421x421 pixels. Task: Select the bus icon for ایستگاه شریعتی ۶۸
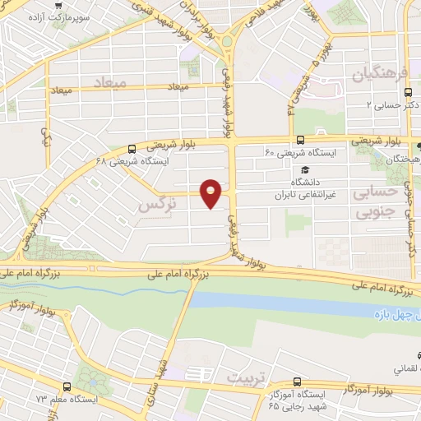click(132, 149)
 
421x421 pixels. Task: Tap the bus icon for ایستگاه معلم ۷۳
click(67, 385)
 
